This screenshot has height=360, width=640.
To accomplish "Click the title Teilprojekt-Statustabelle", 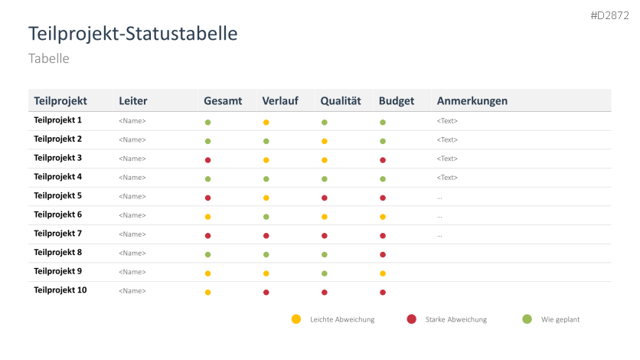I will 132,34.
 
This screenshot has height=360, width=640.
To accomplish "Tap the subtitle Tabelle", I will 49,58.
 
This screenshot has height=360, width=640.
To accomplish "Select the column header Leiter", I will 133,101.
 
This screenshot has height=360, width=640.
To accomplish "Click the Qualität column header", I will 341,101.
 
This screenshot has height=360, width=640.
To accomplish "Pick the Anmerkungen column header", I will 472,101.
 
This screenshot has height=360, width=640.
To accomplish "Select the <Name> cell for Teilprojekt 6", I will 132,215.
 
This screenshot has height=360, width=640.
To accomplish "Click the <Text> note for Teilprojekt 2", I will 447,140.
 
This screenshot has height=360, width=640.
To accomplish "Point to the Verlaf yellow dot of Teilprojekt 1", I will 266,123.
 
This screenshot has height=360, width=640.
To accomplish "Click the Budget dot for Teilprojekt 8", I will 383,254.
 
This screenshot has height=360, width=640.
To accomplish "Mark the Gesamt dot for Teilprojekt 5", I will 207,198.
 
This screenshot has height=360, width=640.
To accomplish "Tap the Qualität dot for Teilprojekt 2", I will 325,142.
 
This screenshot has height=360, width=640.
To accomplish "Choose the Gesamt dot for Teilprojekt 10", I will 207,292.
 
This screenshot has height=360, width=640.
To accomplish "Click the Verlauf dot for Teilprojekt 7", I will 266,236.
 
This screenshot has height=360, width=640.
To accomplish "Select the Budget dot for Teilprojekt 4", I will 383,179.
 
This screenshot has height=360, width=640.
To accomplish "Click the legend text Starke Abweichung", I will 456,319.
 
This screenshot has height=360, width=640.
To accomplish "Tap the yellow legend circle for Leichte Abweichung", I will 296,319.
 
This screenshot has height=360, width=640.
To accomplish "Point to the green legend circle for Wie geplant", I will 527,319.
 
